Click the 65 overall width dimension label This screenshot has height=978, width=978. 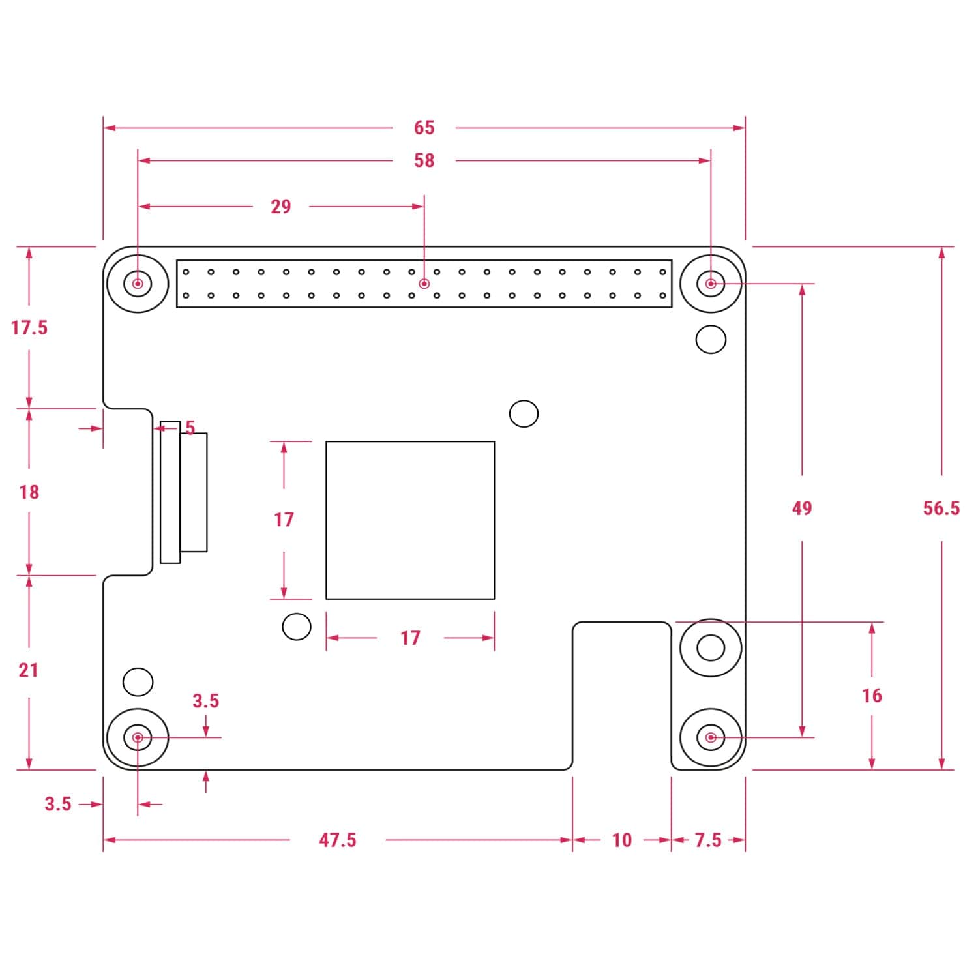[x=424, y=128]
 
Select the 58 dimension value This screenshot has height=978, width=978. [x=424, y=160]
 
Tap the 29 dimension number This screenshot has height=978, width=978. [x=280, y=207]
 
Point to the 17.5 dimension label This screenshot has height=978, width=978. [x=29, y=327]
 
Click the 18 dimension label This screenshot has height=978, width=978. [x=29, y=492]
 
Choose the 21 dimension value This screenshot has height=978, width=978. [x=29, y=670]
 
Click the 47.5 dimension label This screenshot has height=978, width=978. [x=338, y=840]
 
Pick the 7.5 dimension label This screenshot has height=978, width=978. [x=708, y=840]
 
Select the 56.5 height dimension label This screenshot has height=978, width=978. [x=941, y=508]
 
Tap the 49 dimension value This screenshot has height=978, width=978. [x=802, y=508]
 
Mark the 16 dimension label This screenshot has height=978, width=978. [x=872, y=696]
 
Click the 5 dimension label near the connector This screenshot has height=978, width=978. [x=190, y=428]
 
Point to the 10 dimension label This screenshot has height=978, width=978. [x=622, y=840]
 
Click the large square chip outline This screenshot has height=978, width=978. [x=410, y=520]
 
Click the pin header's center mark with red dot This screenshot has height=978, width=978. [x=424, y=284]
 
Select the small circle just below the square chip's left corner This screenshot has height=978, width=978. [x=297, y=627]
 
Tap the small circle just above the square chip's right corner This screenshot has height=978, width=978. [x=524, y=413]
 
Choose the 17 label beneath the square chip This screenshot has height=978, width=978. [x=410, y=638]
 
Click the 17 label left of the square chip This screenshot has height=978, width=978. [x=284, y=520]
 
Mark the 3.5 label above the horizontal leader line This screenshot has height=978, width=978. [x=206, y=701]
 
